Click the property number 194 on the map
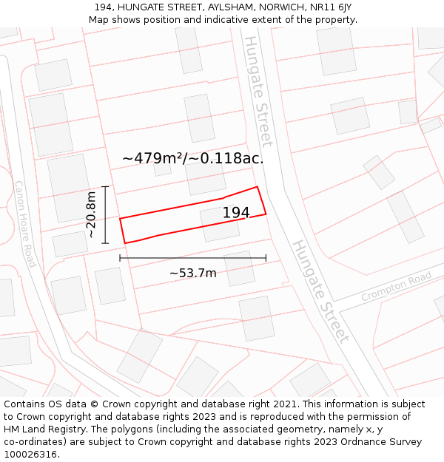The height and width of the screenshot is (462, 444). click(x=236, y=213)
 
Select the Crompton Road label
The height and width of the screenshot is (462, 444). click(x=396, y=286)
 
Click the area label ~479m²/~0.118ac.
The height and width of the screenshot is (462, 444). click(x=192, y=158)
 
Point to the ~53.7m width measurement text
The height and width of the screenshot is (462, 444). click(x=193, y=273)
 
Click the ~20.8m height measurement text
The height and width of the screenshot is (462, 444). click(x=90, y=214)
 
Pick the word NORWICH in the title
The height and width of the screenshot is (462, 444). click(x=281, y=7)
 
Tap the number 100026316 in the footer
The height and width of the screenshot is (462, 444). click(x=32, y=455)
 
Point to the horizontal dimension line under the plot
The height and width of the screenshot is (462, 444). click(x=192, y=258)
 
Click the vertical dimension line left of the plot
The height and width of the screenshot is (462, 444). click(x=106, y=214)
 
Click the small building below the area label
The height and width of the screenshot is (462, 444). click(x=162, y=169)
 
